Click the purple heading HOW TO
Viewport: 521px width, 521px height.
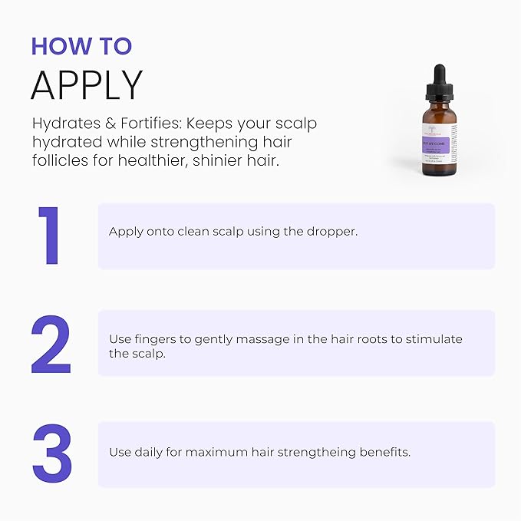81,45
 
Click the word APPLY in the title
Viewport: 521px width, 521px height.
87,85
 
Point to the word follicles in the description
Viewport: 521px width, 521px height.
61,162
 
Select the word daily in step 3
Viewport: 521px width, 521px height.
147,452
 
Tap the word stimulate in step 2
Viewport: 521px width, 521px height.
434,339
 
